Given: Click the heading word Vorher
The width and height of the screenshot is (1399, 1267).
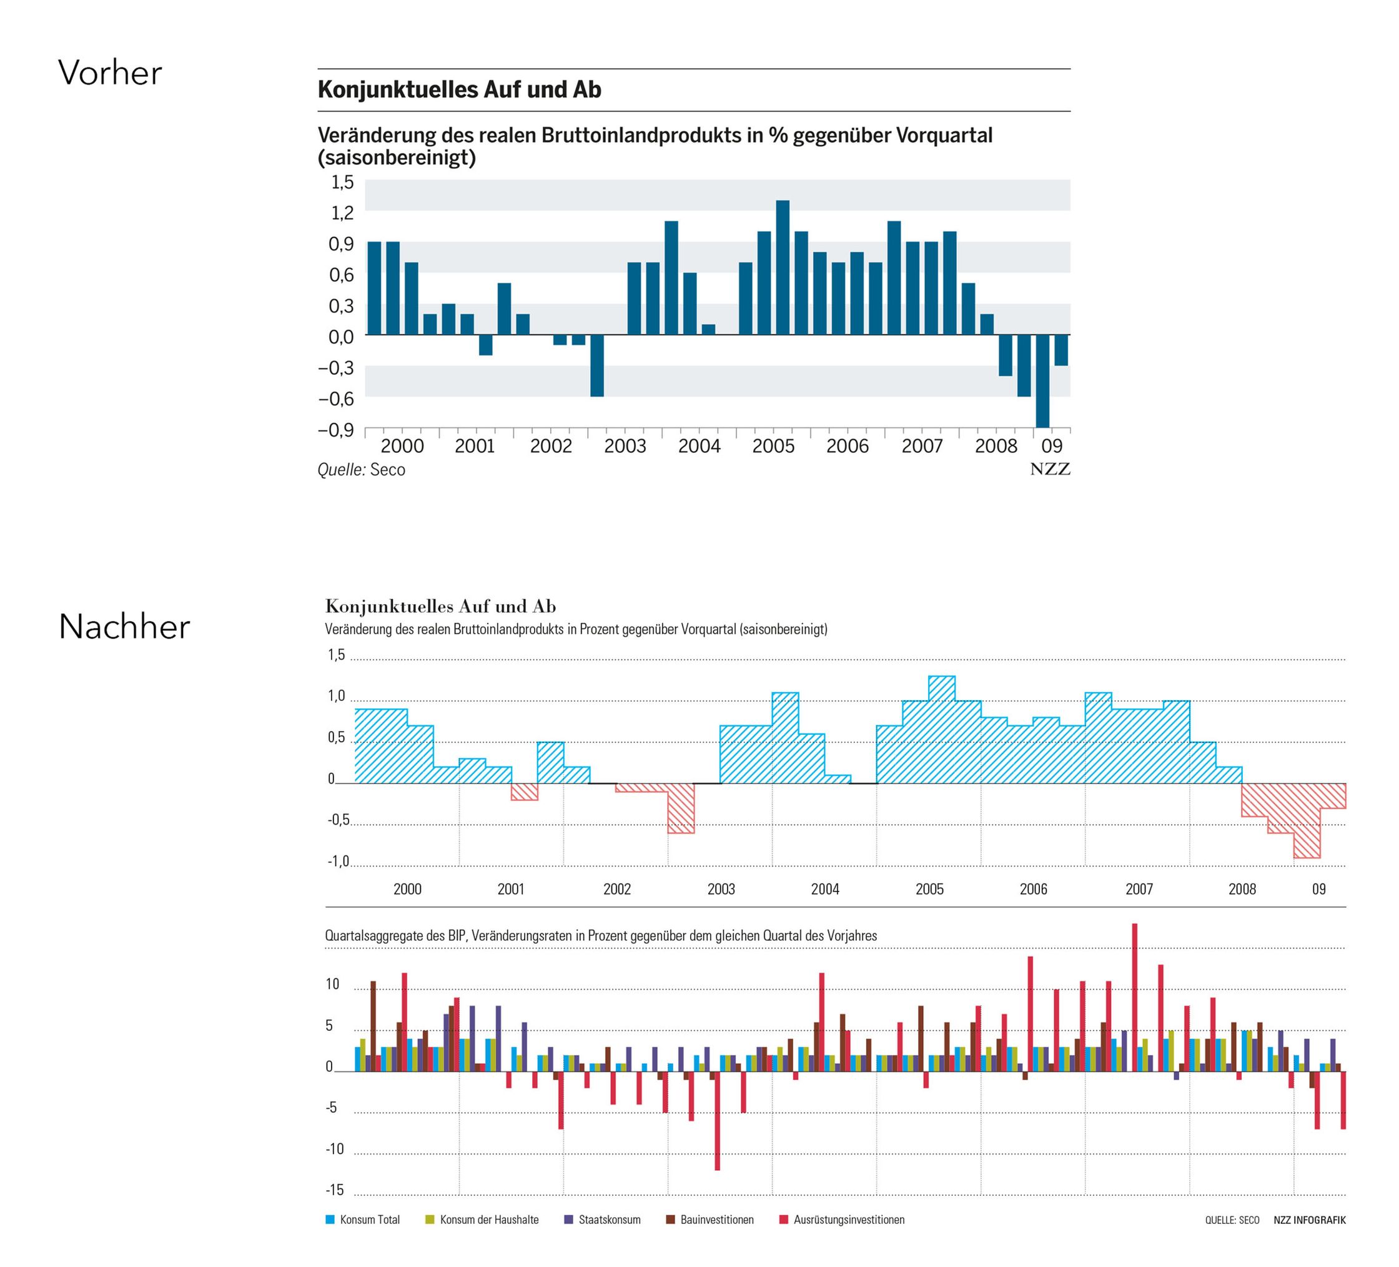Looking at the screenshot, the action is (x=110, y=73).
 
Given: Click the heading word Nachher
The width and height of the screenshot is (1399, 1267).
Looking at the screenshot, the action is (x=124, y=627).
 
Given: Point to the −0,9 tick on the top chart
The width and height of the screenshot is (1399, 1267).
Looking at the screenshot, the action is (x=336, y=430).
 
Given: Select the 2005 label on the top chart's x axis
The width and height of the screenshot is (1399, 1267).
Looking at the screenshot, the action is (x=773, y=445).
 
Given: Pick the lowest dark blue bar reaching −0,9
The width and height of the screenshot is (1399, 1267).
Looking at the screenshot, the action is (x=1042, y=381).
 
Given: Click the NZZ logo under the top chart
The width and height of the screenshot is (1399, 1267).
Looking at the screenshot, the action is (x=1050, y=469).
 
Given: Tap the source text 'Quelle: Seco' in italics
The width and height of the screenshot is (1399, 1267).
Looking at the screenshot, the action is (x=361, y=470).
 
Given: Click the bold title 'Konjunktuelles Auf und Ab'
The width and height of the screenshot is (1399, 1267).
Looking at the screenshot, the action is (x=460, y=90).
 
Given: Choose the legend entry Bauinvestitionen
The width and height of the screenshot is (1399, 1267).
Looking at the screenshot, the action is (x=710, y=1220).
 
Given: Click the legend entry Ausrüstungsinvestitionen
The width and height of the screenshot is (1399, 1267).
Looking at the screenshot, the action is (x=843, y=1220).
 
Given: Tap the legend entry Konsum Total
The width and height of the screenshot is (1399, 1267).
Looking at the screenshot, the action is (x=363, y=1220).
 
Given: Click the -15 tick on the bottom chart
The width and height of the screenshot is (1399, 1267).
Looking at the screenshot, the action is (x=335, y=1190).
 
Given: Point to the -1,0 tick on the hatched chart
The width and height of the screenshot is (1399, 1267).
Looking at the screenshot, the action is (x=338, y=862).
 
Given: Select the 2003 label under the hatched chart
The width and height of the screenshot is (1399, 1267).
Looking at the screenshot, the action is (x=721, y=889).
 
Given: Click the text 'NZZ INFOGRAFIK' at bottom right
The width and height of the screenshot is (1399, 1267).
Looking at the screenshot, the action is (x=1310, y=1220).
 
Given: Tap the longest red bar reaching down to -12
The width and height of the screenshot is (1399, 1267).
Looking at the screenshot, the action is (x=717, y=1121).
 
